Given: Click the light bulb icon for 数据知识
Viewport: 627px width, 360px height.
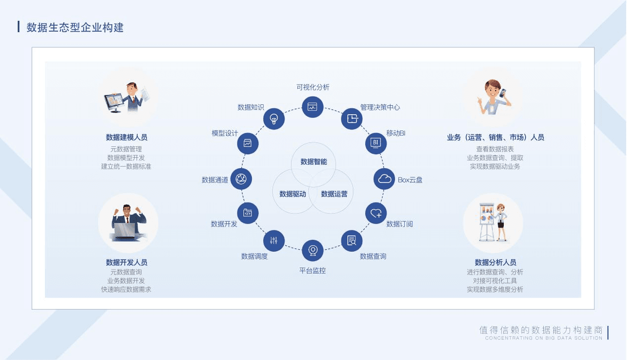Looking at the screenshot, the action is (274, 119).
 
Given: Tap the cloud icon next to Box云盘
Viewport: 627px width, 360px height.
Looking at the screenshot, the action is (385, 179).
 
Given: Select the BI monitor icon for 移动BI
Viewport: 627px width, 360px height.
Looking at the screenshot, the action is (376, 143).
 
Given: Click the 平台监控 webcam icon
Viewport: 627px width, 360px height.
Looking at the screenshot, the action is (313, 250).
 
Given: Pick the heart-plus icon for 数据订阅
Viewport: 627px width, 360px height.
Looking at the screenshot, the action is (376, 214).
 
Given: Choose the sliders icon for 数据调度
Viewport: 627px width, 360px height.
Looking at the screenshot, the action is (274, 240).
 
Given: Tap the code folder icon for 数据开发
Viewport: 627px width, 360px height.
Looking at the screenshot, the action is (248, 213).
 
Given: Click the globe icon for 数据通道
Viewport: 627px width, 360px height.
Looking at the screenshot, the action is (241, 179).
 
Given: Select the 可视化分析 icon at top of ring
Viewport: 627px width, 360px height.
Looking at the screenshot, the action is (313, 107).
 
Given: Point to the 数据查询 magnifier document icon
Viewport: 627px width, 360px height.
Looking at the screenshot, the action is (351, 240).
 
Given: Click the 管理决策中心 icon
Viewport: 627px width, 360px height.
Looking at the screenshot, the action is (351, 119).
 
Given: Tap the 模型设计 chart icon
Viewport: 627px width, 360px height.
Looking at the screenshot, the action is (248, 143).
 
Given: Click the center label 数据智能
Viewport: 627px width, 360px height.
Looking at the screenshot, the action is (314, 162).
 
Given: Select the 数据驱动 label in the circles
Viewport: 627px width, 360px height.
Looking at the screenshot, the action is (293, 194).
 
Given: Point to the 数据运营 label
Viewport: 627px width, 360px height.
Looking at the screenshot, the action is (334, 194).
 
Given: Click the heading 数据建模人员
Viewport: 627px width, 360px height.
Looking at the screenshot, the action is (127, 137).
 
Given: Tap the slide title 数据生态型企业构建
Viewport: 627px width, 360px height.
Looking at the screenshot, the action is (75, 27).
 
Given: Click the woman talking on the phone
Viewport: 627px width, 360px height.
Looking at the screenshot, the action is (494, 97).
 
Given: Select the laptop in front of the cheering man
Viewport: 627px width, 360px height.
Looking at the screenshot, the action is (125, 231).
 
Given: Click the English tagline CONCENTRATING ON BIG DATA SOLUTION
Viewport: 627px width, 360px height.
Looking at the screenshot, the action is (543, 338).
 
